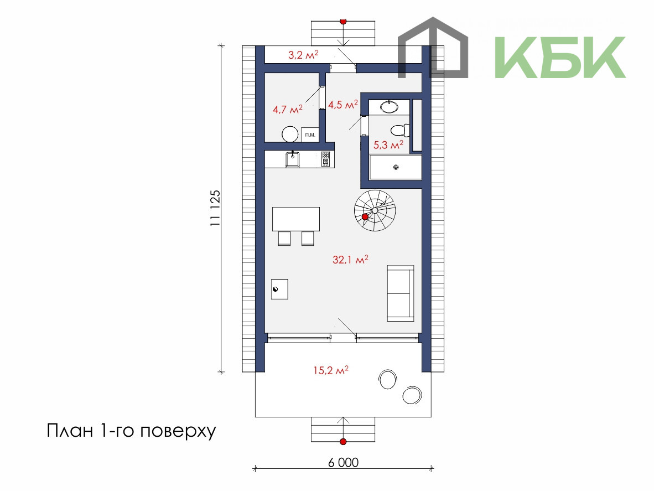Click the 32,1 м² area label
pos(350,260)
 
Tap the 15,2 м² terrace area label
pos(331,370)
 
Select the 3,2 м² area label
pos(304,55)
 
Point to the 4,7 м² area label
pos(288,109)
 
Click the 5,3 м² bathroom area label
pos(388,145)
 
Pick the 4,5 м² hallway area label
pos(343,104)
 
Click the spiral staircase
pos(375,211)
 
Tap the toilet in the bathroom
pos(401,130)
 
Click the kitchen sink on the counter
pos(292,159)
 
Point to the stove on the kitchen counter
pos(325,159)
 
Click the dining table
pos(296,219)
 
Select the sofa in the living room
pos(401,293)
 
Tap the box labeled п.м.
pos(309,135)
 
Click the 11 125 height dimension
pos(215,209)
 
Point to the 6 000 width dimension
pos(343,462)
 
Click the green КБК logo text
pos(560,57)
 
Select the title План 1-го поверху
pos(131,431)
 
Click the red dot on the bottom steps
pos(343,441)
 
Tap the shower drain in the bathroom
pos(396,167)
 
